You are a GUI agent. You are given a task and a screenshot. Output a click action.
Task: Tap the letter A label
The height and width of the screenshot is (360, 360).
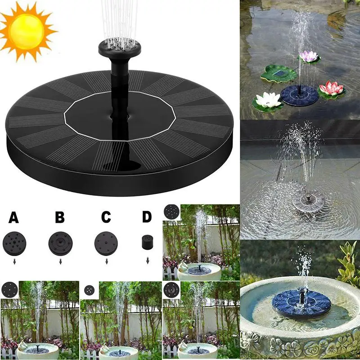pos(14,217)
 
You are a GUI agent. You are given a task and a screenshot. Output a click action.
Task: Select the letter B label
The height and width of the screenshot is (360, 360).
pos(60,217)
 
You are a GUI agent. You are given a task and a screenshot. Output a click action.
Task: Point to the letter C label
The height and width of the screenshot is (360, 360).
pos(106,217)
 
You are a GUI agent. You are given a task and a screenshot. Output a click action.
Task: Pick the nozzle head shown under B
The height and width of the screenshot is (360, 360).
pos(60,243)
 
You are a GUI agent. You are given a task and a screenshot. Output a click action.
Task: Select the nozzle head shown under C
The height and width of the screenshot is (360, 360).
pos(106,243)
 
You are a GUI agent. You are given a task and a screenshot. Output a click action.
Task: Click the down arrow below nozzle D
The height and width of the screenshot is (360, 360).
pos(147,261)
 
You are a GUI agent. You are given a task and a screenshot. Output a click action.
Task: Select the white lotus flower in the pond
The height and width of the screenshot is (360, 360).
pos(268,100)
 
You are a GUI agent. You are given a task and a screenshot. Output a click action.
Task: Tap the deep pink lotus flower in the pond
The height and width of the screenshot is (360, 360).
pos(331,88)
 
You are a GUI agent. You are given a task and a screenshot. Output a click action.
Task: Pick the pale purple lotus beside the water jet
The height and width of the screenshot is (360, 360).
pos(309,57)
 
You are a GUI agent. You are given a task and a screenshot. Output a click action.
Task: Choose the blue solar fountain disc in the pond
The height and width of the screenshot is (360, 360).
pos(299,95)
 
